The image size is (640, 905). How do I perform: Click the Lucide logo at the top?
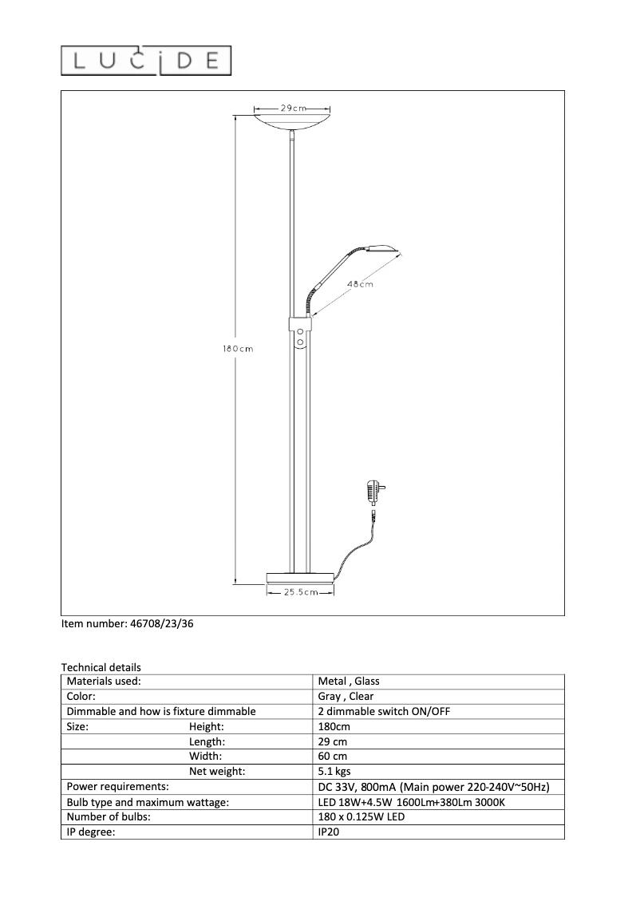pyautogui.click(x=147, y=61)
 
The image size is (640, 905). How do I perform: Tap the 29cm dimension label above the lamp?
pyautogui.click(x=281, y=108)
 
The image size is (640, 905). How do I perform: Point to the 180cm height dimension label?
pyautogui.click(x=237, y=348)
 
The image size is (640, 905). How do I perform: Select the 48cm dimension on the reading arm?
pyautogui.click(x=360, y=284)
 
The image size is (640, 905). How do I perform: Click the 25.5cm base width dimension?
pyautogui.click(x=299, y=591)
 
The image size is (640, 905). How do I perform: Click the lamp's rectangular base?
pyautogui.click(x=299, y=577)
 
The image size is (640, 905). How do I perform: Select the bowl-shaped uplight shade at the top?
pyautogui.click(x=293, y=121)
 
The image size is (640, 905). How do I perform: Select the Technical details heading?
pyautogui.click(x=101, y=667)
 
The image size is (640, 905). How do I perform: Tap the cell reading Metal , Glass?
pyautogui.click(x=349, y=682)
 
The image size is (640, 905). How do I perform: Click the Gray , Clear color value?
pyautogui.click(x=346, y=697)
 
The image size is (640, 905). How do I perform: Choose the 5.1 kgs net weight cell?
pyautogui.click(x=334, y=772)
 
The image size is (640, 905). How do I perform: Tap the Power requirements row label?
pyautogui.click(x=117, y=787)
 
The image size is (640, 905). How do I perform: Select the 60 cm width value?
pyautogui.click(x=332, y=757)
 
